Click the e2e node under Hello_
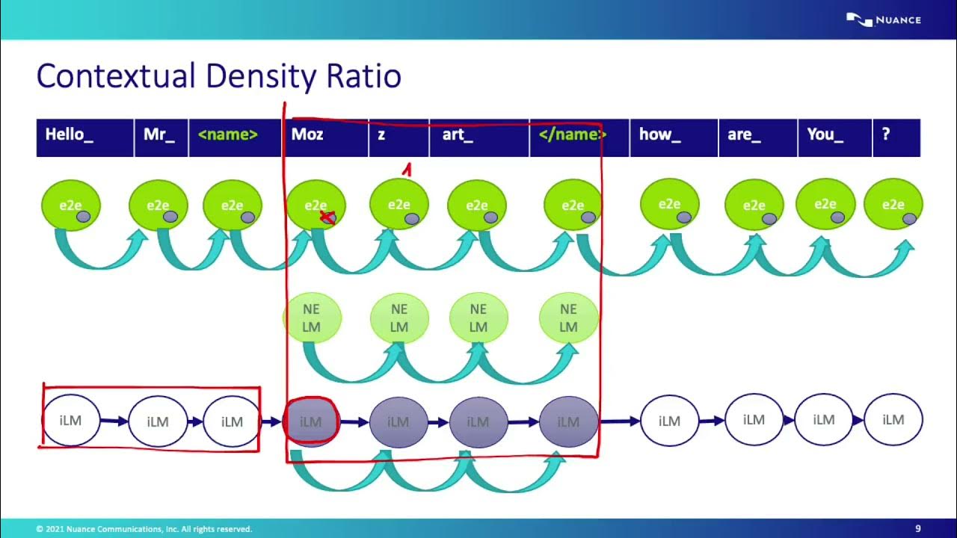click(70, 205)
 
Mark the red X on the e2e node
click(327, 217)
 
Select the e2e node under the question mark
click(893, 205)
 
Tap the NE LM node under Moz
click(312, 318)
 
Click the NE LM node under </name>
click(568, 318)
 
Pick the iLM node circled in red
click(311, 421)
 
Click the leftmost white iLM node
click(70, 421)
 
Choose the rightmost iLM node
click(893, 420)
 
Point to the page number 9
click(918, 529)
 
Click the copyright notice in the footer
click(144, 529)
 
